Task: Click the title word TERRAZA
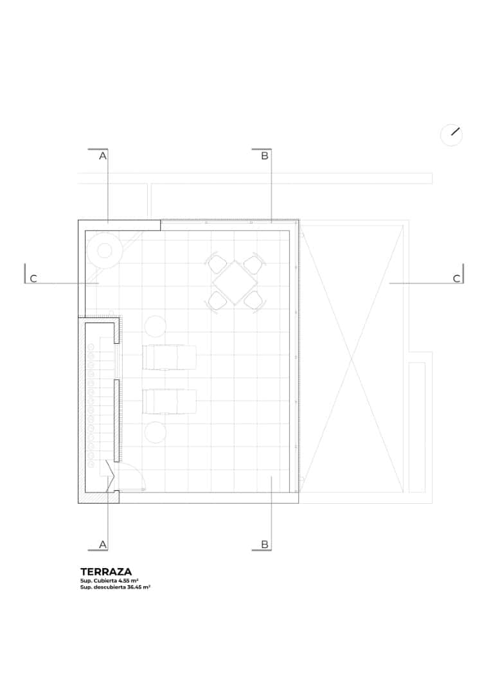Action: coord(106,571)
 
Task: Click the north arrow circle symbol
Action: coord(451,135)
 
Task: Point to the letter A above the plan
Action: coord(102,156)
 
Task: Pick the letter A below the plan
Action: coord(102,544)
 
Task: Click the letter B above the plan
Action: coord(264,156)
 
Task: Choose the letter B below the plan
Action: coord(264,544)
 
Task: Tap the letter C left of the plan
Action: coord(33,279)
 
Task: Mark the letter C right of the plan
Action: coord(456,279)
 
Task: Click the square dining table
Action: coord(235,281)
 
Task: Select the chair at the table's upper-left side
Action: coord(216,263)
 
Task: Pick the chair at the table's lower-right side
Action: coord(254,299)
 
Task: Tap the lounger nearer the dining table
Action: coord(169,357)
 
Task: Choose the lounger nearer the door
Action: coord(169,402)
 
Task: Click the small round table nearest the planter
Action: coord(156,326)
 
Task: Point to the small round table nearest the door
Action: coord(156,432)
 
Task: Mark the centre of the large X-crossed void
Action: coord(352,357)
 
